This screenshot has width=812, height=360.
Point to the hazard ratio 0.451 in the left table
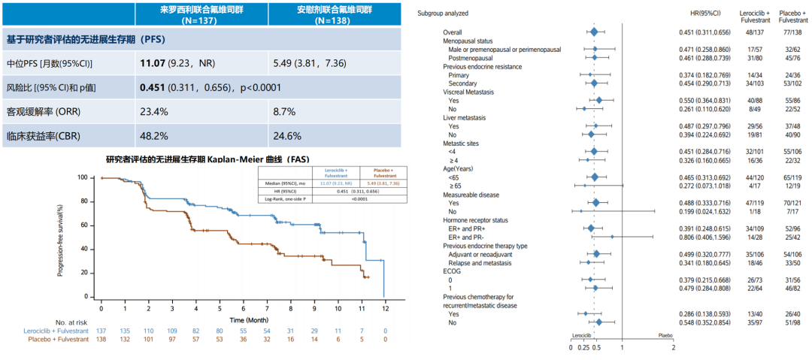coord(154,87)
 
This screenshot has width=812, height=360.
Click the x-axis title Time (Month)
coord(241,320)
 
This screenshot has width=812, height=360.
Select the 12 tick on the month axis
coord(384,308)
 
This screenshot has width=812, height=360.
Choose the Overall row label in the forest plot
coord(453,32)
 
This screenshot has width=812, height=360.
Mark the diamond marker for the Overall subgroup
coord(594,32)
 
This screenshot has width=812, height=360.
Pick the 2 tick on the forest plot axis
coord(673,347)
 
